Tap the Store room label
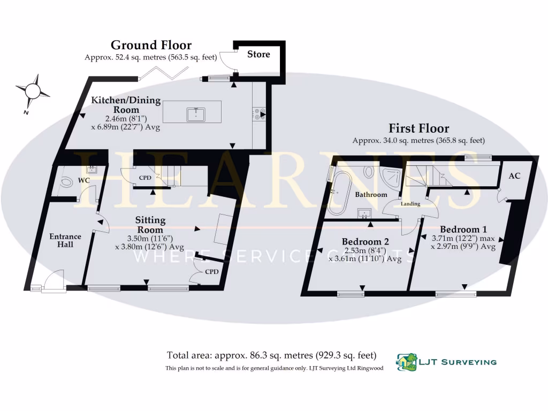pyautogui.click(x=258, y=54)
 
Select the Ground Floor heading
pyautogui.click(x=151, y=45)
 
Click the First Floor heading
pyautogui.click(x=418, y=128)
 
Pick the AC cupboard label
pyautogui.click(x=514, y=176)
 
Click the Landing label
pyautogui.click(x=411, y=204)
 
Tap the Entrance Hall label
pyautogui.click(x=65, y=240)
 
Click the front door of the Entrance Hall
pyautogui.click(x=52, y=281)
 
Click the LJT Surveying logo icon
pyautogui.click(x=406, y=362)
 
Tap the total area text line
pyautogui.click(x=271, y=355)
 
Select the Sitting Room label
pyautogui.click(x=150, y=224)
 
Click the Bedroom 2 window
pyautogui.click(x=351, y=293)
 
